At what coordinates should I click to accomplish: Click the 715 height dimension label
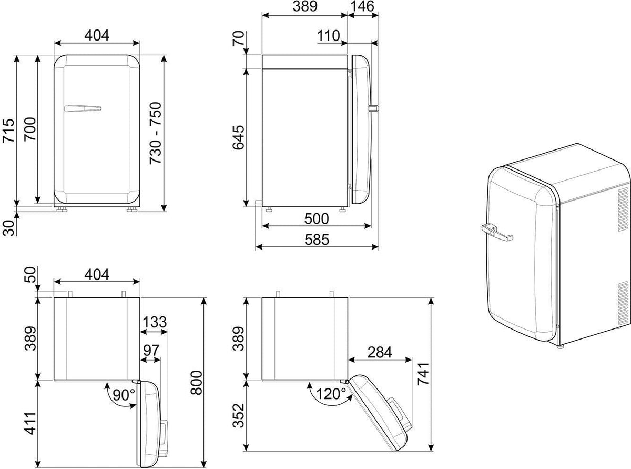click(x=8, y=130)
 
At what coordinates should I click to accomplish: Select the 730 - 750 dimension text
click(x=156, y=133)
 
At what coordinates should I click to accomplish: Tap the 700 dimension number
click(x=30, y=129)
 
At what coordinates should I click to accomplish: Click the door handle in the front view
click(x=83, y=108)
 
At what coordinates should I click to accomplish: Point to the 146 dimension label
click(x=362, y=6)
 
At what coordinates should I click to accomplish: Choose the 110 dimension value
click(x=328, y=36)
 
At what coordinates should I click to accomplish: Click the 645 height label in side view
click(x=238, y=137)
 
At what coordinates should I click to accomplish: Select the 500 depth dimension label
click(x=317, y=219)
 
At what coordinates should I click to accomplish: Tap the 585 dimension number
click(x=317, y=240)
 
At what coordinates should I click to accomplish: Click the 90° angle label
click(x=124, y=395)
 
